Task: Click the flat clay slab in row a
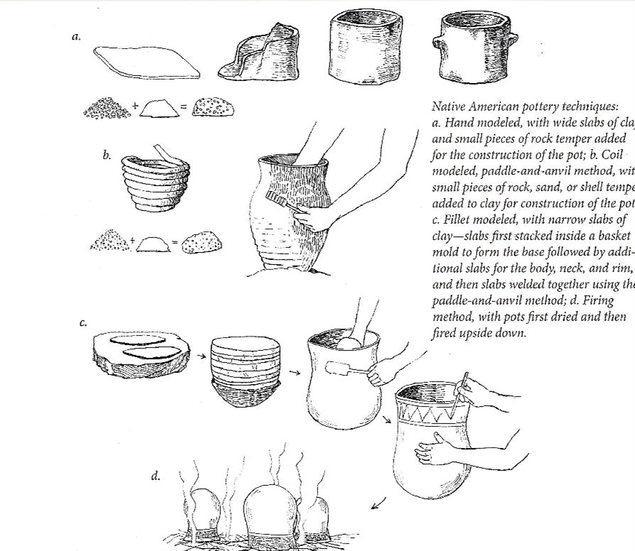[146, 62]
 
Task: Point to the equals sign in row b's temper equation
[173, 244]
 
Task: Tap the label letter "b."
[107, 154]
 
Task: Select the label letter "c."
[83, 323]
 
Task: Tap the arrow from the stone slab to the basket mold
[201, 356]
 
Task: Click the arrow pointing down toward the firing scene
[379, 503]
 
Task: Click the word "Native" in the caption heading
[450, 107]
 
